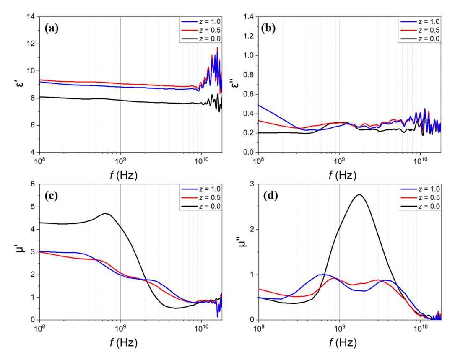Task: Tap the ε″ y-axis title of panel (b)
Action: (236, 85)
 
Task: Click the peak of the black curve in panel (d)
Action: (359, 194)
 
